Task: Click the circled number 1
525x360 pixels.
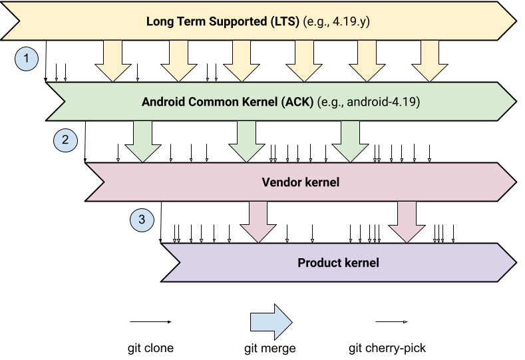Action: [27, 59]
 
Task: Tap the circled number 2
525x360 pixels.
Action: [65, 140]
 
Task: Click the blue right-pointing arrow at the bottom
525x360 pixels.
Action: [271, 323]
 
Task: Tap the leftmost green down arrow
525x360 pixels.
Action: [143, 142]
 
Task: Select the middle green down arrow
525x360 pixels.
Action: [246, 142]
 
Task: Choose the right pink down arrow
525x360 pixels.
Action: [407, 222]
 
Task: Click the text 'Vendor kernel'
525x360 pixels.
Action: [301, 182]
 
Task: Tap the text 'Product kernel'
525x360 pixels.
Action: [338, 262]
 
